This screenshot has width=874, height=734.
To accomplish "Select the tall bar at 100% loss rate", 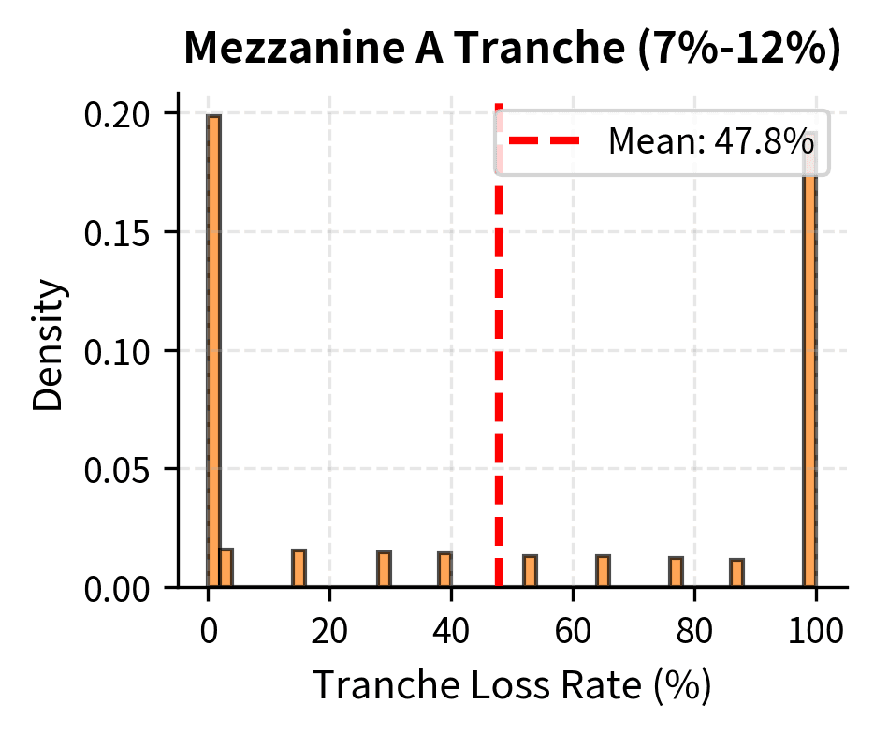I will click(x=810, y=374).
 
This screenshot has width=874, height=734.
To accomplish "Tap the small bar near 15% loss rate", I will click(x=299, y=568).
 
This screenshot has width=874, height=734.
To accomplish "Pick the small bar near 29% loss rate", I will click(x=384, y=569).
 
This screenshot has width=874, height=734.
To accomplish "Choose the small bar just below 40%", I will click(x=444, y=569).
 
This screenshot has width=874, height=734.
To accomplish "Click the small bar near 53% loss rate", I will click(x=530, y=571).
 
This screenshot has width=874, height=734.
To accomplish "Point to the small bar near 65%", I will click(x=603, y=571).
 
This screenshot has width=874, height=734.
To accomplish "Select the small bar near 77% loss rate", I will click(x=676, y=572).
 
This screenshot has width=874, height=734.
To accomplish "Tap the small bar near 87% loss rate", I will click(x=736, y=573).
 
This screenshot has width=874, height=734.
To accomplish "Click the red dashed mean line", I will click(x=498, y=374).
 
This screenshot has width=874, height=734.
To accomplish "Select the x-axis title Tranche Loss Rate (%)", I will click(x=512, y=685).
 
